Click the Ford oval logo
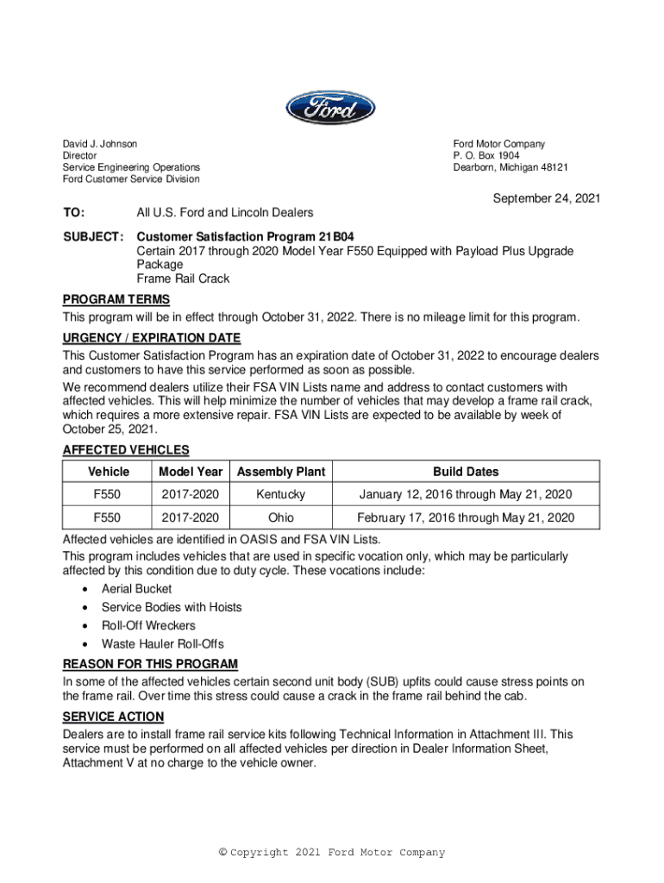(331, 108)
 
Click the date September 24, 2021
(546, 199)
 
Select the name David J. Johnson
(100, 144)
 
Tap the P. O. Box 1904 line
(486, 156)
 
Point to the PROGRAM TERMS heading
(116, 299)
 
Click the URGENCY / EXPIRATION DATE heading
(152, 337)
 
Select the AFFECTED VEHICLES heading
(126, 449)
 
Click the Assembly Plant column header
(281, 472)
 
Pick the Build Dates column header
(466, 472)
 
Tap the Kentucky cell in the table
(281, 495)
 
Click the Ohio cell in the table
(281, 517)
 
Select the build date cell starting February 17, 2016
(466, 517)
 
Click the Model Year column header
(191, 472)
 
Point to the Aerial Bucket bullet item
(136, 589)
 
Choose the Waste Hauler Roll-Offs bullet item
(162, 644)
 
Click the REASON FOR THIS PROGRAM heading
(150, 664)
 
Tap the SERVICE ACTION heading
(113, 717)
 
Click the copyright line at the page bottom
(332, 853)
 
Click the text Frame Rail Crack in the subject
(184, 279)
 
